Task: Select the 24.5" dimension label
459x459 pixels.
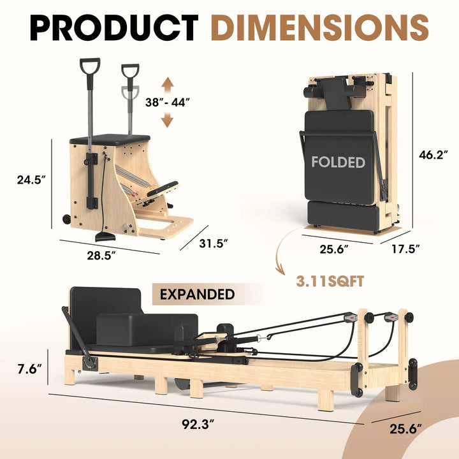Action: click(33, 180)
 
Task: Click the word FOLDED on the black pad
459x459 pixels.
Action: click(338, 162)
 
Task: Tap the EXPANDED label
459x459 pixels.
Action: click(197, 295)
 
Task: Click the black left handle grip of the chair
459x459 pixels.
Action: click(89, 66)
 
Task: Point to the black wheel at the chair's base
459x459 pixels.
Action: click(66, 219)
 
